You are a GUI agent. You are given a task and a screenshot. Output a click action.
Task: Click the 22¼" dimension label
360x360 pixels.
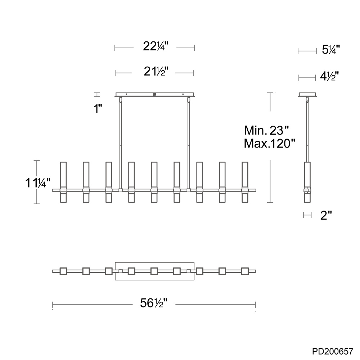155,47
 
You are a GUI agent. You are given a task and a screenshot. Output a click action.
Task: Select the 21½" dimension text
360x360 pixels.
155,72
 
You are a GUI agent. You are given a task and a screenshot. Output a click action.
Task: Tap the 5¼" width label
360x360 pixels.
331,50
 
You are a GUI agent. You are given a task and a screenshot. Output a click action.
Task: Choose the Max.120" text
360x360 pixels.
269,144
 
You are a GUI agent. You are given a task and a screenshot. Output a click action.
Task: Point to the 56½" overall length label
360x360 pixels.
154,303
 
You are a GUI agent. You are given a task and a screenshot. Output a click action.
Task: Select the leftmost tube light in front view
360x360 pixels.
63,182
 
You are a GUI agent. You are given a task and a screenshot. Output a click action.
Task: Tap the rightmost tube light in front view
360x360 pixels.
245,182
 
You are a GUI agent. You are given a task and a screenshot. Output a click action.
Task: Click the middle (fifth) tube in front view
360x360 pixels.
154,182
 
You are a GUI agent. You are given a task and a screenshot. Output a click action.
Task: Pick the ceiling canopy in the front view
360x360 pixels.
155,95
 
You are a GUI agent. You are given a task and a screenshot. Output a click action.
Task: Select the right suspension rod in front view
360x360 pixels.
189,144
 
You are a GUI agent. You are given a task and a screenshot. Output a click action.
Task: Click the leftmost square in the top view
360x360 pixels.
63,271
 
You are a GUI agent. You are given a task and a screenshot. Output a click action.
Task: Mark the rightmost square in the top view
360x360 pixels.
245,271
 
